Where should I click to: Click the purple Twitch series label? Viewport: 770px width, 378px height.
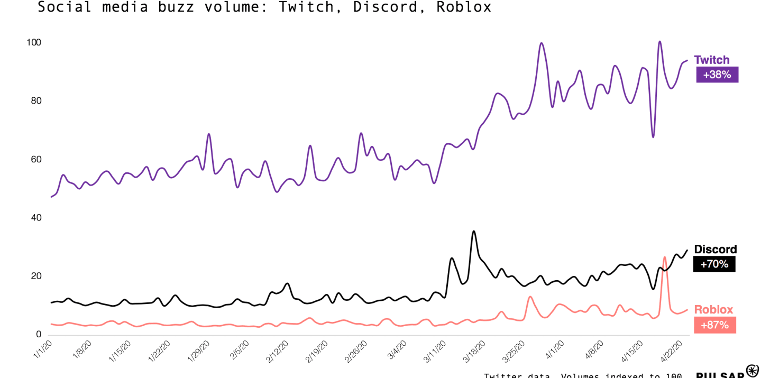coord(711,60)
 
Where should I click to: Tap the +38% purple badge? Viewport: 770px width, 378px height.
coord(717,75)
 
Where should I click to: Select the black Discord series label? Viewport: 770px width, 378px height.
coord(715,249)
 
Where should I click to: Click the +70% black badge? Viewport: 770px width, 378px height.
coord(714,264)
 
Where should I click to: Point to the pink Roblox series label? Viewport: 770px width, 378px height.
coord(713,310)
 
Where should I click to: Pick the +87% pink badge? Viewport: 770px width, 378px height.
coord(714,325)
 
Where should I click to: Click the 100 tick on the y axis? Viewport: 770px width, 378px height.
coord(34,42)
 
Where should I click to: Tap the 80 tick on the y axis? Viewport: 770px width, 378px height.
coord(36,100)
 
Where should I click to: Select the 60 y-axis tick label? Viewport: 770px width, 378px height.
coord(36,159)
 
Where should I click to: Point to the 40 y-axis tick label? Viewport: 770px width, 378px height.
coord(36,217)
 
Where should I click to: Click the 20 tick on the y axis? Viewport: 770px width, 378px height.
coord(36,276)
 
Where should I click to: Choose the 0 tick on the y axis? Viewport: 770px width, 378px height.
coord(39,334)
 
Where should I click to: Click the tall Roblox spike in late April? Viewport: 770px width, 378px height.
coord(664,257)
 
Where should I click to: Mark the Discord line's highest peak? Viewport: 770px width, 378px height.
coord(473,232)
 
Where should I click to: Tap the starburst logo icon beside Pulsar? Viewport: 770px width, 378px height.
coord(752,371)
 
